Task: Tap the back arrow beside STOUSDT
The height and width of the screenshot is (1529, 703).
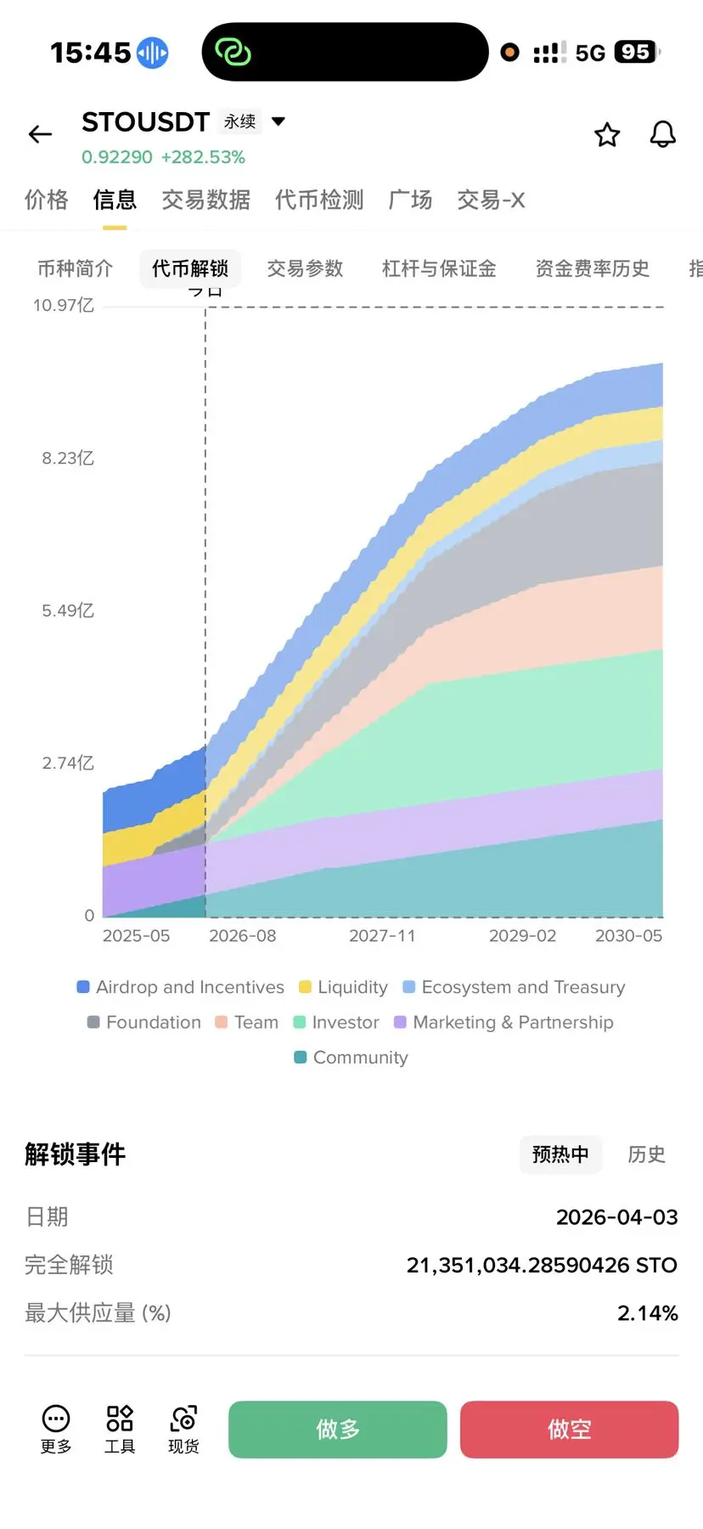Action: click(40, 134)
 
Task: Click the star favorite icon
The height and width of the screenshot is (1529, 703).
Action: click(607, 134)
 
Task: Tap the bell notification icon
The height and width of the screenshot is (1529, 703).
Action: click(663, 134)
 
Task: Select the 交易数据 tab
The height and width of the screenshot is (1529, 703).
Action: click(206, 200)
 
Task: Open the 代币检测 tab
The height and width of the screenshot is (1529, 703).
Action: click(319, 200)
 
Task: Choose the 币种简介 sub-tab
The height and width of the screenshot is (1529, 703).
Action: click(75, 268)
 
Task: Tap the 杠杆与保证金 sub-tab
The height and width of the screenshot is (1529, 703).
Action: click(439, 268)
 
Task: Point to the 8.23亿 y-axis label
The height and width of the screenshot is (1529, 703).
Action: click(68, 458)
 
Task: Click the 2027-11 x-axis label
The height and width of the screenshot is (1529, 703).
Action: click(382, 935)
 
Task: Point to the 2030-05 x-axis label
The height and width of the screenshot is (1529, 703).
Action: click(628, 935)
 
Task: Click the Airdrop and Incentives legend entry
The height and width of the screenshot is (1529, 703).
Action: click(181, 987)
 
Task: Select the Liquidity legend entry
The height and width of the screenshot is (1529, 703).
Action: click(344, 987)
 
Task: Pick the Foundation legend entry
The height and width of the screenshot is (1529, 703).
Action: click(144, 1022)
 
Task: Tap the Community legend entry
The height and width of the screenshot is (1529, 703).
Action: click(351, 1058)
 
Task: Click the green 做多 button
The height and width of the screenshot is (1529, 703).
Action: click(338, 1429)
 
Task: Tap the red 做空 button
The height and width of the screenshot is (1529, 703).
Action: click(569, 1429)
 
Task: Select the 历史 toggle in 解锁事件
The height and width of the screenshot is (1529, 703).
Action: click(646, 1154)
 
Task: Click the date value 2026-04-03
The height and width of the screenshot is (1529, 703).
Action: click(616, 1217)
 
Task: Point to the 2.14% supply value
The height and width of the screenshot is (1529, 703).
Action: click(647, 1313)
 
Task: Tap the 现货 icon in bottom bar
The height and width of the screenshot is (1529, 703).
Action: click(183, 1429)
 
